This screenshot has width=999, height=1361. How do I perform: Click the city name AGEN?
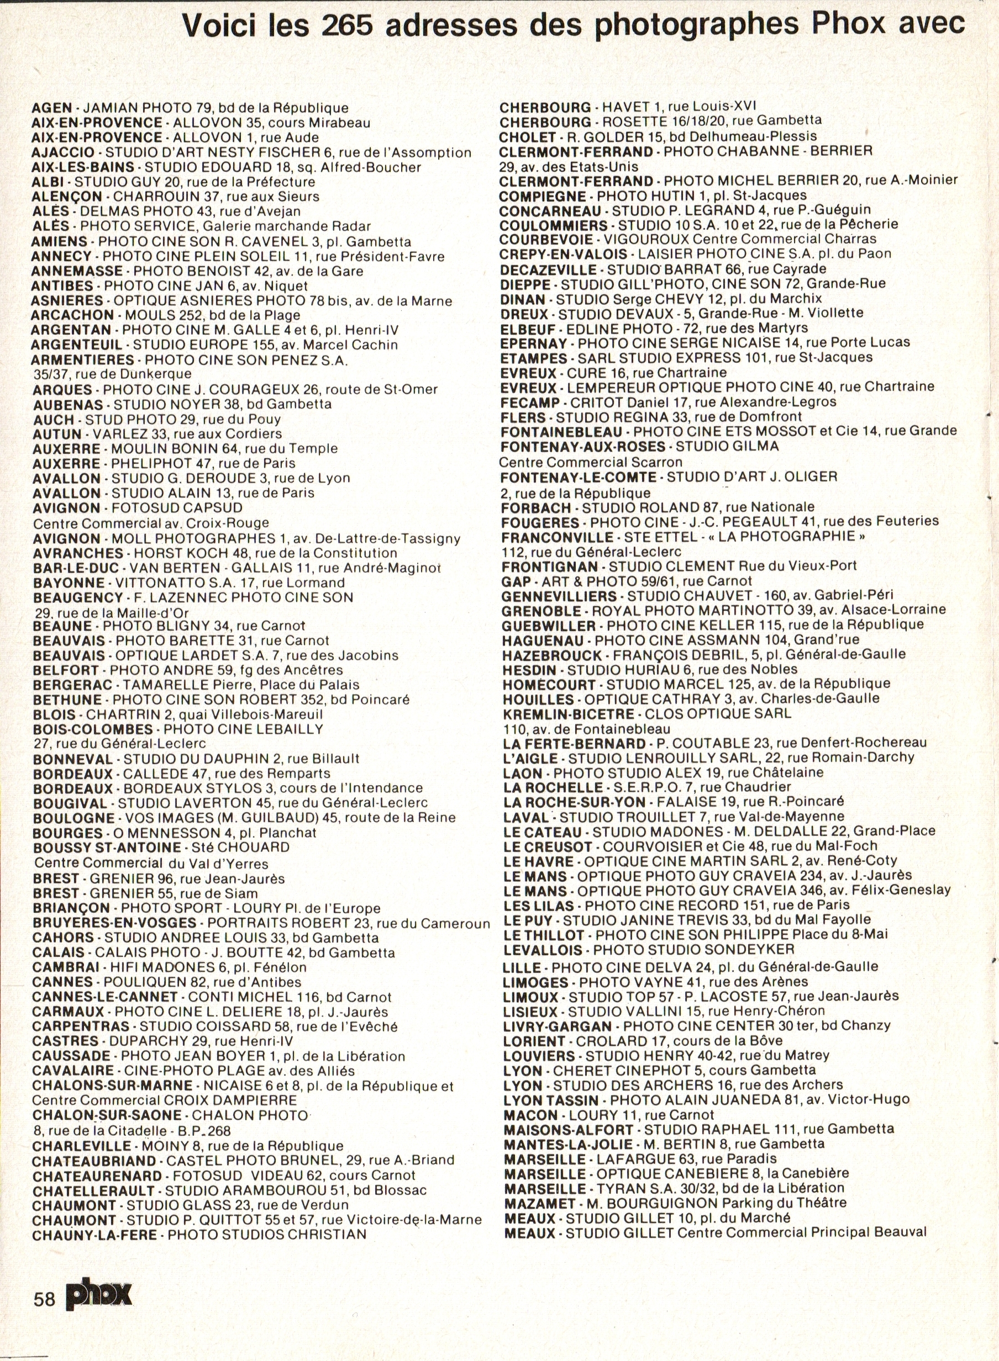click(51, 108)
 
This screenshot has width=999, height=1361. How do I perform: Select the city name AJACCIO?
click(63, 152)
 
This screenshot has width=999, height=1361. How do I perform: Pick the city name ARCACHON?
click(72, 315)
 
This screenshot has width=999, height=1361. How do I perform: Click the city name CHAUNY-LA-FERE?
click(95, 1235)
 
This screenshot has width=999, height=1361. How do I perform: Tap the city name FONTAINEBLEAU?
click(561, 432)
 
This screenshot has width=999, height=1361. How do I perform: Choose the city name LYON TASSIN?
click(551, 1100)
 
